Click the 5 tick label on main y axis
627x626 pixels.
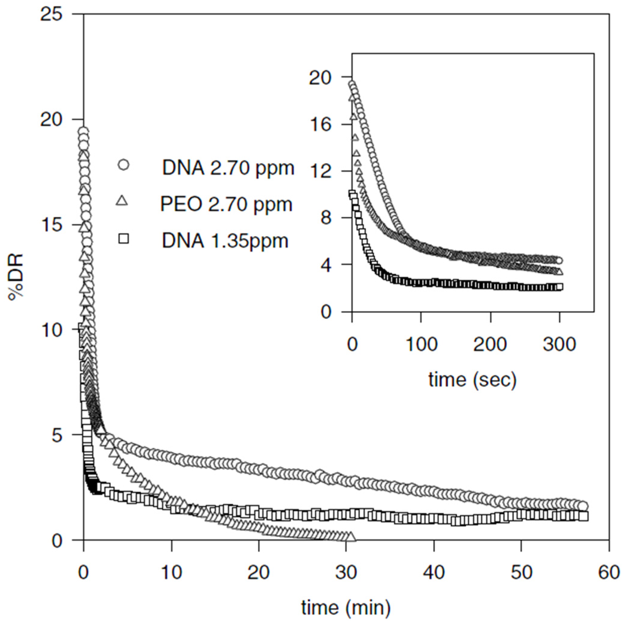(57, 435)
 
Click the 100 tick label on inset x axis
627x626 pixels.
(421, 344)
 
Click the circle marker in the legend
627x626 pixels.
(124, 165)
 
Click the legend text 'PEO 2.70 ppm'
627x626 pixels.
(226, 204)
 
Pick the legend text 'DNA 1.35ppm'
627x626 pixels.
(225, 241)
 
